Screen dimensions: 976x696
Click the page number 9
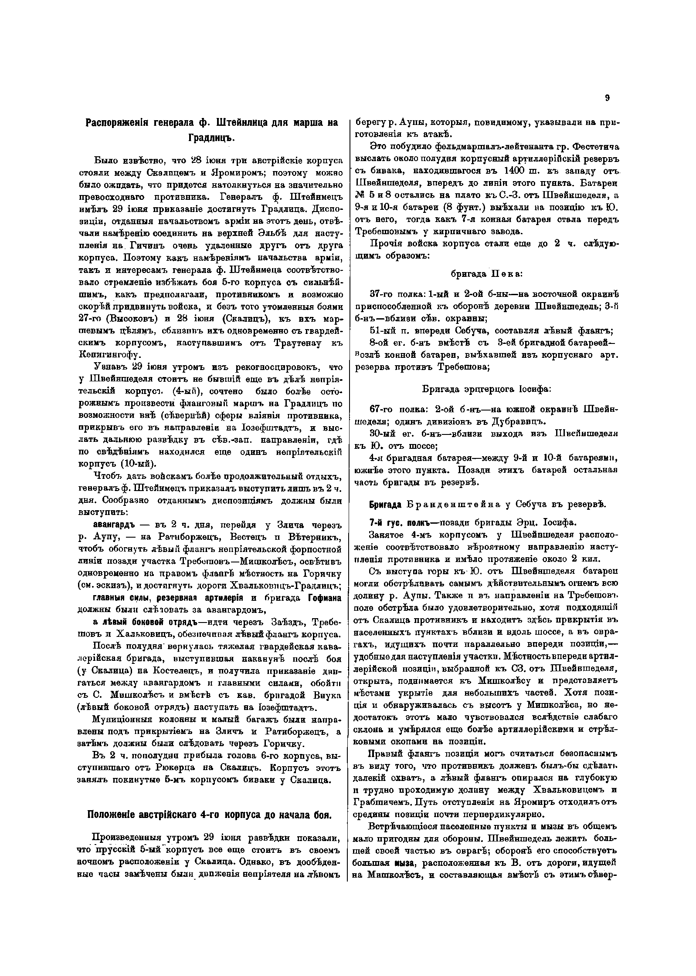coord(607,98)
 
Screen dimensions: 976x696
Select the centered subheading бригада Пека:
coord(486,274)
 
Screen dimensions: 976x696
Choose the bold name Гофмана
coord(324,598)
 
